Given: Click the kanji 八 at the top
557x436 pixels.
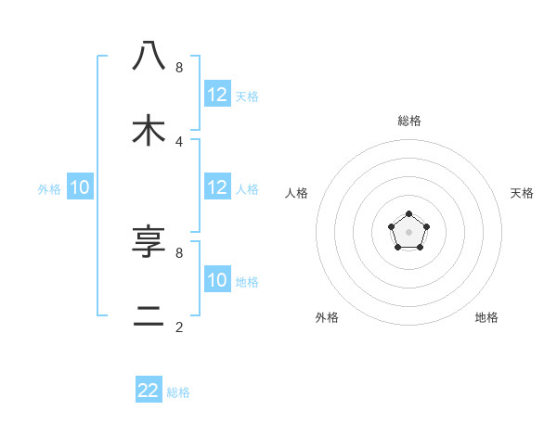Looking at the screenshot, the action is (149, 57).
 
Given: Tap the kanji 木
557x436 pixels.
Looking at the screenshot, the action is (149, 131).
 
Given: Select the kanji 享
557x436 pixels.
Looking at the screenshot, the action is (149, 242).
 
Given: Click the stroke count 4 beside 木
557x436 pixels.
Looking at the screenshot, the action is (179, 141).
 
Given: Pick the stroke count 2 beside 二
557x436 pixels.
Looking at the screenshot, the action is (179, 327).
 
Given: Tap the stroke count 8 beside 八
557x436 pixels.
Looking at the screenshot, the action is (179, 67).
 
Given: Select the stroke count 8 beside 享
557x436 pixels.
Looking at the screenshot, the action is (179, 252).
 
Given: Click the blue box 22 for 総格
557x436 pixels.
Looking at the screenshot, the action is (149, 391).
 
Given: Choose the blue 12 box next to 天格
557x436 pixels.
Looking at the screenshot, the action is (217, 95).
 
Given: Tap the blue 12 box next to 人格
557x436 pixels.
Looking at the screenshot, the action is (217, 187).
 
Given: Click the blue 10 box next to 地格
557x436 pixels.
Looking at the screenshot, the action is (217, 280).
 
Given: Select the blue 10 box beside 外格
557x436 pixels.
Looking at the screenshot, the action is (80, 187).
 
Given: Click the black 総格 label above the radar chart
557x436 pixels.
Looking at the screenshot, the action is (409, 121).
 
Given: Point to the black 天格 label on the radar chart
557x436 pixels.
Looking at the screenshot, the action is (522, 193).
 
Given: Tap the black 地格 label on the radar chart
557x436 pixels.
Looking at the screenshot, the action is (486, 317).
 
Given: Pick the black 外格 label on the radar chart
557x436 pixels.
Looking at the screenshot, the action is (327, 317).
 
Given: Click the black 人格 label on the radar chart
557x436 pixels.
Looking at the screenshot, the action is (296, 193).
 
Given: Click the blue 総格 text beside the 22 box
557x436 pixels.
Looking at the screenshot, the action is (178, 392).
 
